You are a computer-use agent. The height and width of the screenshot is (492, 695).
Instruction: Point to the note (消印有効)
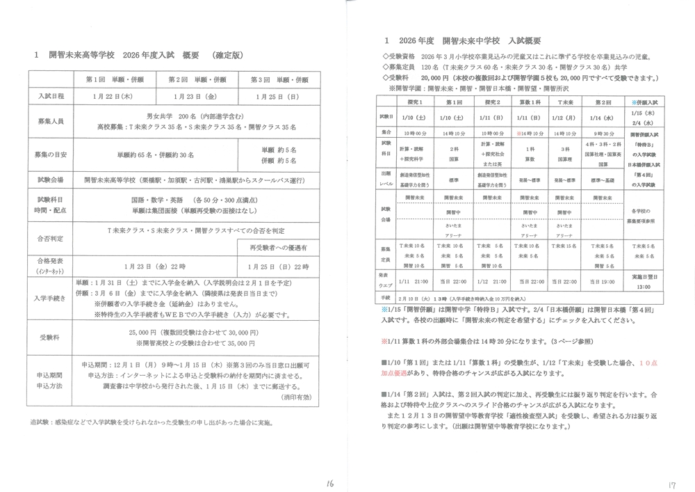click(x=295, y=397)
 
